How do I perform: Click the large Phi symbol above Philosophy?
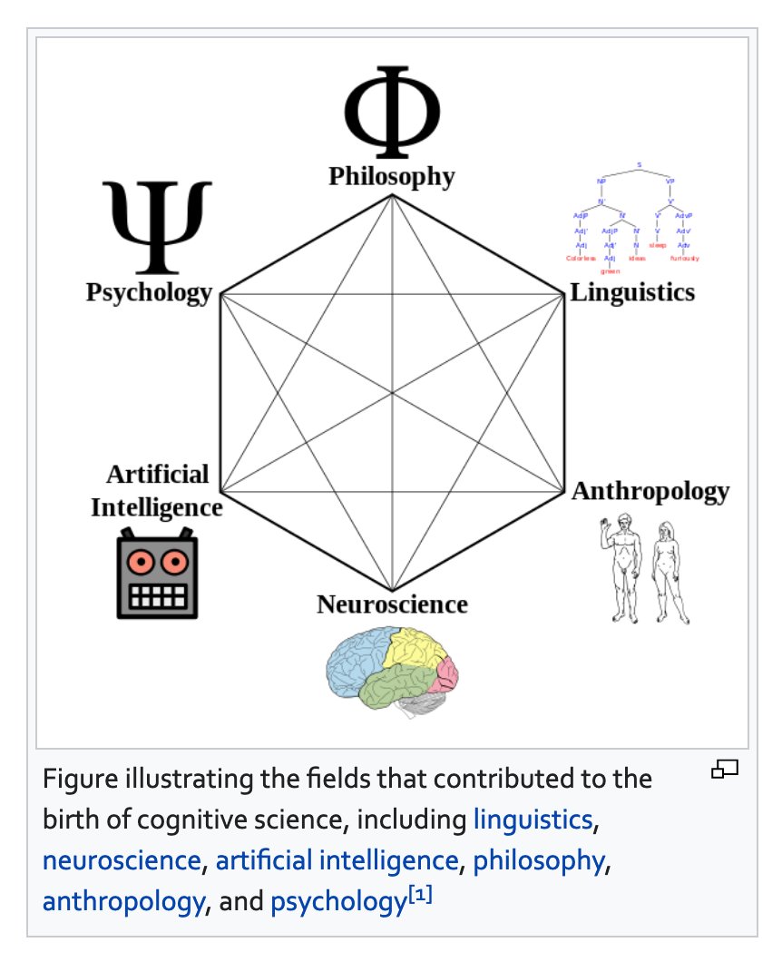392,112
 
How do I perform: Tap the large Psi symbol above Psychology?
157,227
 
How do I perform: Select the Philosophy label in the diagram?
392,175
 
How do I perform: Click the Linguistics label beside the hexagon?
632,292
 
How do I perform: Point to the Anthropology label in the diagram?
650,491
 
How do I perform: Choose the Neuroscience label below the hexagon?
392,604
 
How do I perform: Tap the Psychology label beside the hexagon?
149,293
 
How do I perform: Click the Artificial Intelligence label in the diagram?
157,490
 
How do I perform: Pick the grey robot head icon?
157,574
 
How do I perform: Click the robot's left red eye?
141,563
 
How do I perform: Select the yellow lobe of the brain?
415,651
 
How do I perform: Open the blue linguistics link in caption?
533,820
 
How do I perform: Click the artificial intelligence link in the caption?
337,859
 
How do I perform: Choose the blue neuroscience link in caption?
122,859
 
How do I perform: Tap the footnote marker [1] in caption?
419,895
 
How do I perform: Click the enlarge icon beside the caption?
725,771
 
